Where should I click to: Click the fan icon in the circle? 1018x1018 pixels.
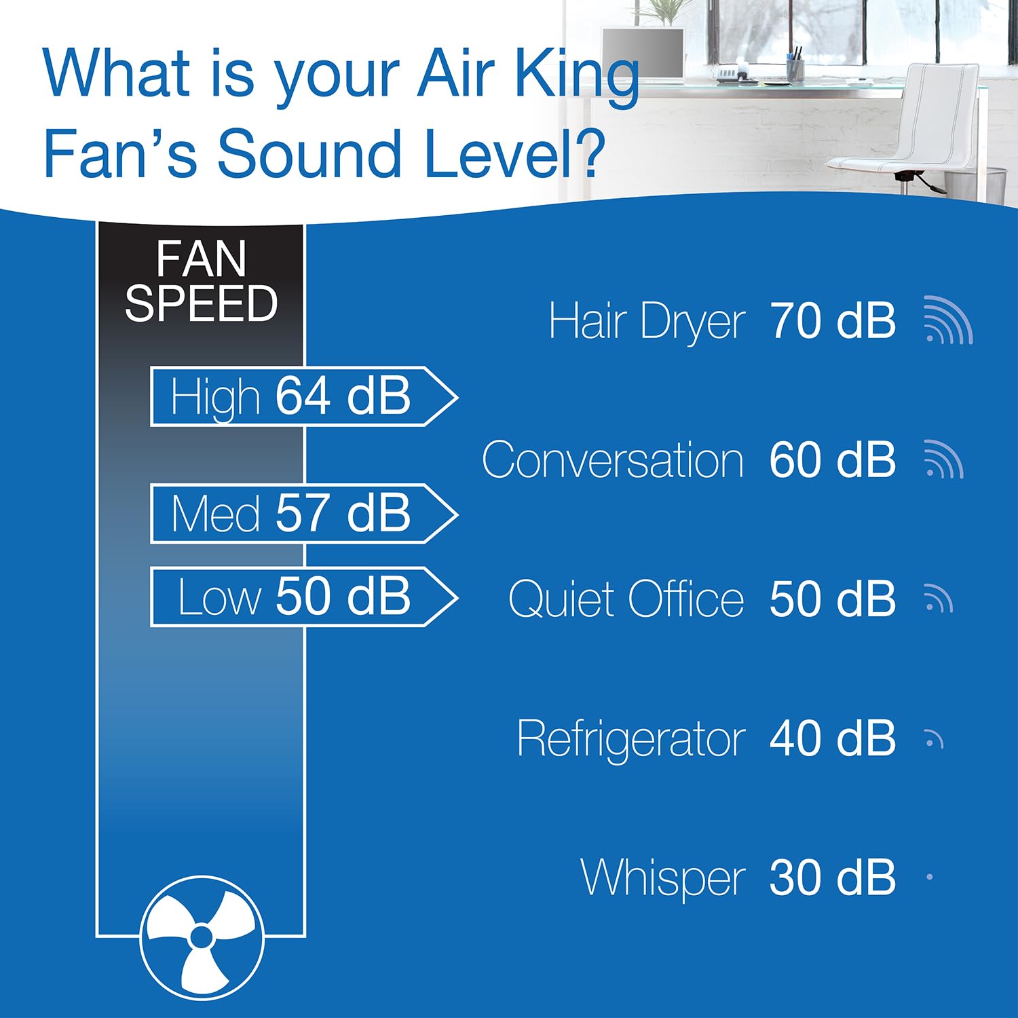(x=201, y=937)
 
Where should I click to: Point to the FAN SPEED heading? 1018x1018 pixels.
(x=201, y=281)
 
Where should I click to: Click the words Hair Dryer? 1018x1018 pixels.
(x=647, y=322)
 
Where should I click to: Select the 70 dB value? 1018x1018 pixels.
(x=832, y=321)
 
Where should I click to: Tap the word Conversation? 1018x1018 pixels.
(x=613, y=461)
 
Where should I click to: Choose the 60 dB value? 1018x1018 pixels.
(x=832, y=460)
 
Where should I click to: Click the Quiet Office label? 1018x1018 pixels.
(x=626, y=600)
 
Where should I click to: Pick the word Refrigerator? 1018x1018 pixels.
(x=630, y=739)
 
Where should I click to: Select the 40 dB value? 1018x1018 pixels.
(x=832, y=738)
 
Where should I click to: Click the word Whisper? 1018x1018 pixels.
(x=663, y=878)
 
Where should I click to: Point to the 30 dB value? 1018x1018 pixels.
(x=832, y=878)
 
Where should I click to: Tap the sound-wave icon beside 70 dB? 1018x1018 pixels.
(x=948, y=320)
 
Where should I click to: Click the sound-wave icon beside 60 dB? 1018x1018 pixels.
(x=943, y=459)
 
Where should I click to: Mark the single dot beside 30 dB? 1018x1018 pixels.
(x=930, y=877)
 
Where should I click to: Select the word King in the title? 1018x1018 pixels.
(x=577, y=76)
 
